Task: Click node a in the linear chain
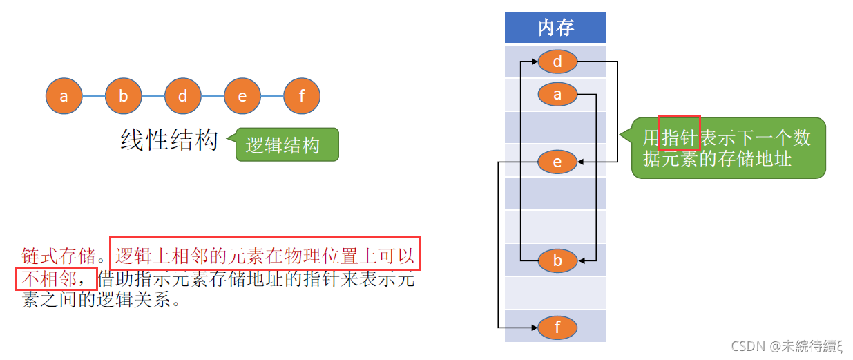[x=64, y=96]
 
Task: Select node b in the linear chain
[x=123, y=96]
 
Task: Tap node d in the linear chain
[x=182, y=96]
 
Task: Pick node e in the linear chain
[x=242, y=96]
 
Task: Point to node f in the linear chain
[x=301, y=96]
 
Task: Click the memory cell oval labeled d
[x=557, y=61]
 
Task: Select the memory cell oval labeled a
[x=557, y=95]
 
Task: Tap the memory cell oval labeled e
[x=557, y=162]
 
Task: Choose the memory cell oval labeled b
[x=557, y=260]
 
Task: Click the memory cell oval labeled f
[x=557, y=327]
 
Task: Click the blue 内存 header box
[x=555, y=28]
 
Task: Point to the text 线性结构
[x=169, y=140]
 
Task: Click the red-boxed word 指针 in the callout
[x=679, y=137]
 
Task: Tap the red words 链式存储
[x=57, y=257]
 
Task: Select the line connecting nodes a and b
[x=93, y=96]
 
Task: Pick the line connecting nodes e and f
[x=271, y=96]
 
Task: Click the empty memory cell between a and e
[x=555, y=127]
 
